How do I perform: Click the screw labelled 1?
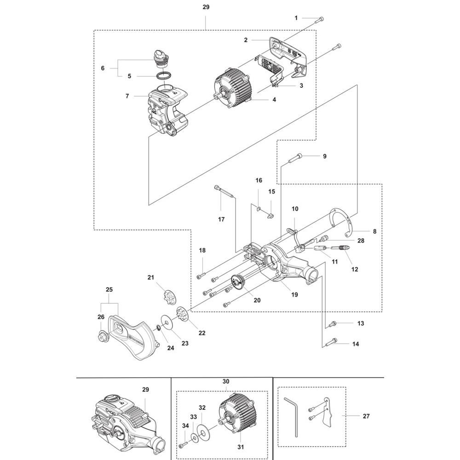(x=319, y=20)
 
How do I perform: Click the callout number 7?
(x=127, y=96)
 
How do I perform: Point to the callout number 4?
(x=274, y=100)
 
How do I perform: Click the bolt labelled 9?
(x=295, y=158)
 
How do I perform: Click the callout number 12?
(x=355, y=269)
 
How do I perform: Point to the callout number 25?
(x=109, y=289)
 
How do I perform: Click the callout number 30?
(x=226, y=381)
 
